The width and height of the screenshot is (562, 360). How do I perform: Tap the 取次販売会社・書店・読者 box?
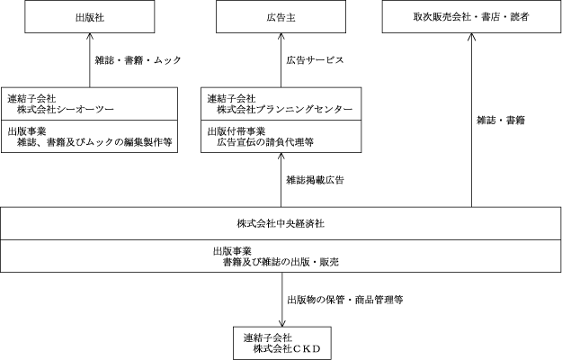point(469,16)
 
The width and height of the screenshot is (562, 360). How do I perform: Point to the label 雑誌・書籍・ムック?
point(138,60)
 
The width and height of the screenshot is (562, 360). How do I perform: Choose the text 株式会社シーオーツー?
point(63,109)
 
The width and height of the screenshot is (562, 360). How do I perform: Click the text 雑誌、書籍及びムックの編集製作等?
point(100,141)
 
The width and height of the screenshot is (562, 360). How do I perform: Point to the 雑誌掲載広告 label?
point(316,180)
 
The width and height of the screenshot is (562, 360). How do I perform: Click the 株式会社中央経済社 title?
point(281,221)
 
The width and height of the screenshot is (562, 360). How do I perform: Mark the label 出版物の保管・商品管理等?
point(344,298)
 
